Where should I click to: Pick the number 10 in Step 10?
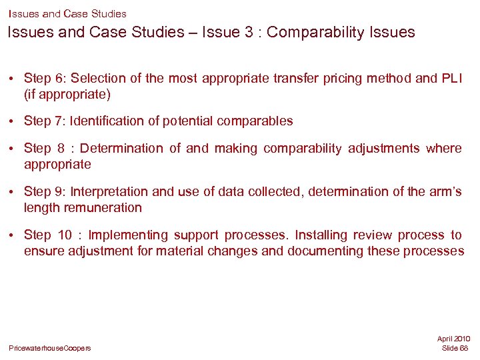tap(65, 235)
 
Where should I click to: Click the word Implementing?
tap(128, 235)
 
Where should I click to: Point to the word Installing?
tap(323, 235)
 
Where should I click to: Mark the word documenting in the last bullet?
tap(320, 251)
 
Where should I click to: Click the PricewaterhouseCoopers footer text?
tap(50, 348)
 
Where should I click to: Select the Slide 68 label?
tap(455, 348)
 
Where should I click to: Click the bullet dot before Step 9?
tap(13, 192)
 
